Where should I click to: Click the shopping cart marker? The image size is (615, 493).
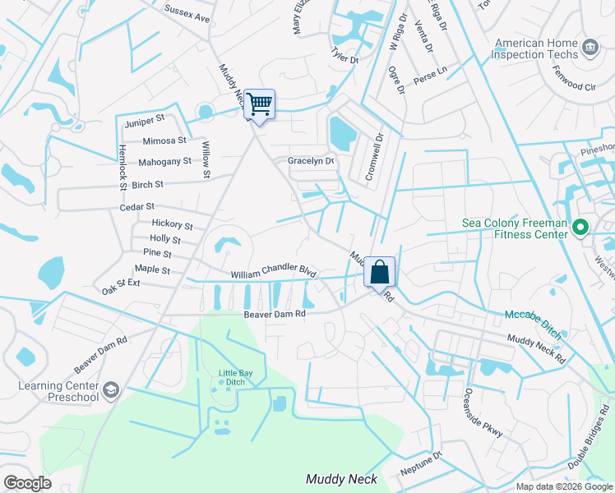click(259, 104)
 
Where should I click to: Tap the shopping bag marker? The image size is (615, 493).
click(380, 272)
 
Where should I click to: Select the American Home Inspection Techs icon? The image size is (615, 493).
click(589, 48)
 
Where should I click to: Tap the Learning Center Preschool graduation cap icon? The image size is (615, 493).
click(111, 389)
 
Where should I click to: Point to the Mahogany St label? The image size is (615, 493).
click(164, 162)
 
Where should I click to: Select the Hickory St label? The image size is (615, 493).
click(172, 225)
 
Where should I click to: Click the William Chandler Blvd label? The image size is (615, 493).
click(273, 271)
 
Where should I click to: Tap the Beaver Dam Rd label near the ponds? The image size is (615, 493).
click(274, 314)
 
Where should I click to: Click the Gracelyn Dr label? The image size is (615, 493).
click(311, 161)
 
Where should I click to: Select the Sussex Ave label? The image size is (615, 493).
click(187, 13)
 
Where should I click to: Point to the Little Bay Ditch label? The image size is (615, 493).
click(232, 377)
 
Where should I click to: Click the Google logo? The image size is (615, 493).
click(27, 483)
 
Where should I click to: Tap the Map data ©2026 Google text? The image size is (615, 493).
click(563, 486)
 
